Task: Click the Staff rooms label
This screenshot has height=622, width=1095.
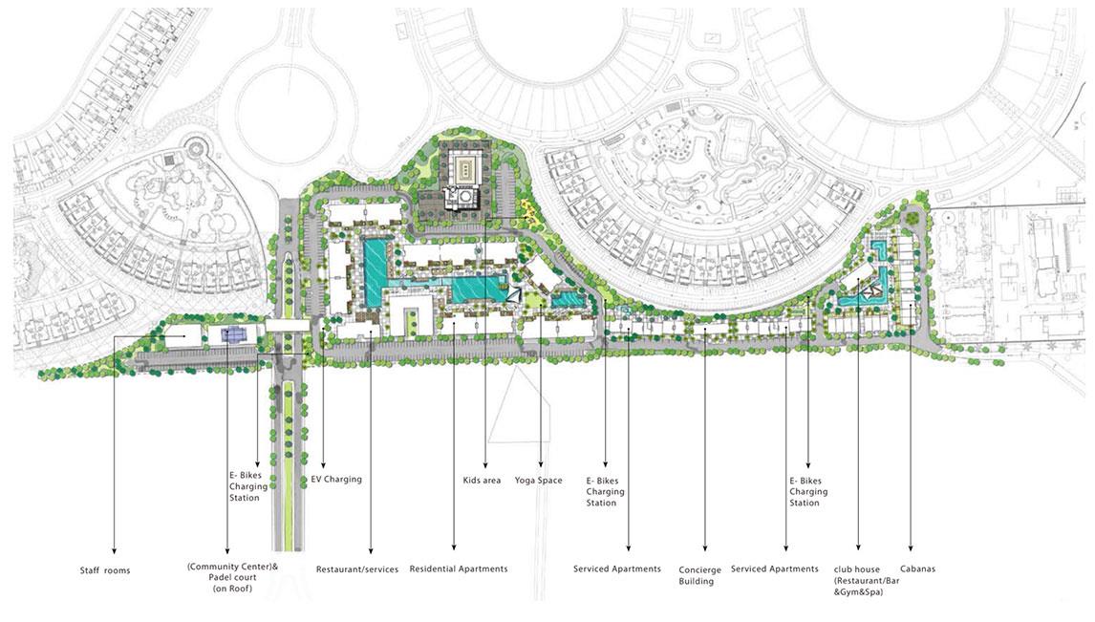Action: point(105,570)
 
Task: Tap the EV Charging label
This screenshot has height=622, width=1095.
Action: point(336,480)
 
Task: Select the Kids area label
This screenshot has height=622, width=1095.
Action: point(482,481)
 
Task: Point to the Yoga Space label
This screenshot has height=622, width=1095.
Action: point(538,481)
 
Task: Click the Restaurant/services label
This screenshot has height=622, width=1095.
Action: point(356,569)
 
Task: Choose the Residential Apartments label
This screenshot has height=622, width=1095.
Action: point(459,568)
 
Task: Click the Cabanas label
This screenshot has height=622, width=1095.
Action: point(917,568)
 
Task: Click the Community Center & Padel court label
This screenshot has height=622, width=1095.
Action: point(232,577)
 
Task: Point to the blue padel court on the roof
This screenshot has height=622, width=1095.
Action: point(229,335)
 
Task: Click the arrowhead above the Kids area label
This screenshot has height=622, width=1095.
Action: point(484,462)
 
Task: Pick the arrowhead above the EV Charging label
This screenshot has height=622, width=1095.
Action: point(323,462)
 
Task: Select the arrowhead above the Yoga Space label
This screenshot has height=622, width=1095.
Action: point(541,462)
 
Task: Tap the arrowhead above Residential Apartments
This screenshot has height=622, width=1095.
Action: point(454,548)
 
